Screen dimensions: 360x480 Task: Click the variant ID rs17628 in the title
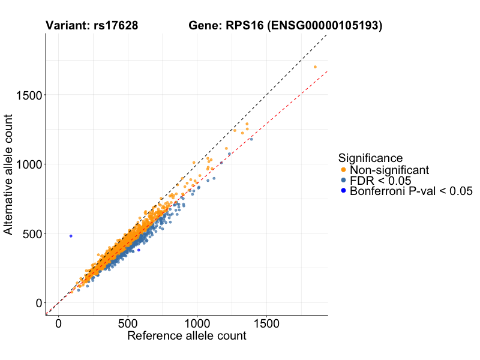[116, 26]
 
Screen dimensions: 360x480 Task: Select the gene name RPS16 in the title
[245, 26]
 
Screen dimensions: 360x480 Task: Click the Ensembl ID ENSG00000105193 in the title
[326, 26]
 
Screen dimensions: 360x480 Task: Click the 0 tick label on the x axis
[58, 323]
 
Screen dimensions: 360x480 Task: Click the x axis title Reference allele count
[187, 336]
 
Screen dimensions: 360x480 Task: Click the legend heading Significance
[370, 158]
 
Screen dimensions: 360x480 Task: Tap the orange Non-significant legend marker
[343, 170]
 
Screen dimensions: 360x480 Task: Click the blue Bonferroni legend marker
[343, 191]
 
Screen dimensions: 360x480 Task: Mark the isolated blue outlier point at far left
[71, 236]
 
